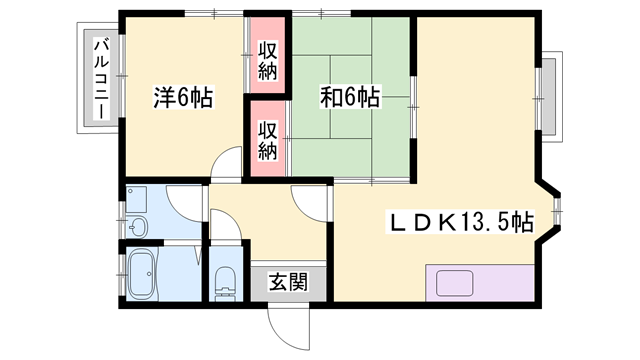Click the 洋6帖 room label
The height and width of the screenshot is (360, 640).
[x=183, y=97]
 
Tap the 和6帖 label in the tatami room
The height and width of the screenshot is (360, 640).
[x=350, y=97]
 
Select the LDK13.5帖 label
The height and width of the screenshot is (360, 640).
[x=460, y=222]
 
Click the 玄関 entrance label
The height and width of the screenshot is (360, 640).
[x=288, y=282]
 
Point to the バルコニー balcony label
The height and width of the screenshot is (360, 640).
[x=102, y=78]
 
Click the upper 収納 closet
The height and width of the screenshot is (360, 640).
[x=267, y=55]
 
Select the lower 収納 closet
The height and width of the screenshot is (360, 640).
[x=267, y=139]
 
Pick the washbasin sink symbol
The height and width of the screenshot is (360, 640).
[x=136, y=225]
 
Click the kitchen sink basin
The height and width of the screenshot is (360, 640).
[x=454, y=283]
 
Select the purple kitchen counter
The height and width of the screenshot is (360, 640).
[x=480, y=283]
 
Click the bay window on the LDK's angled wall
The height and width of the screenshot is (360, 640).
[x=557, y=211]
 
